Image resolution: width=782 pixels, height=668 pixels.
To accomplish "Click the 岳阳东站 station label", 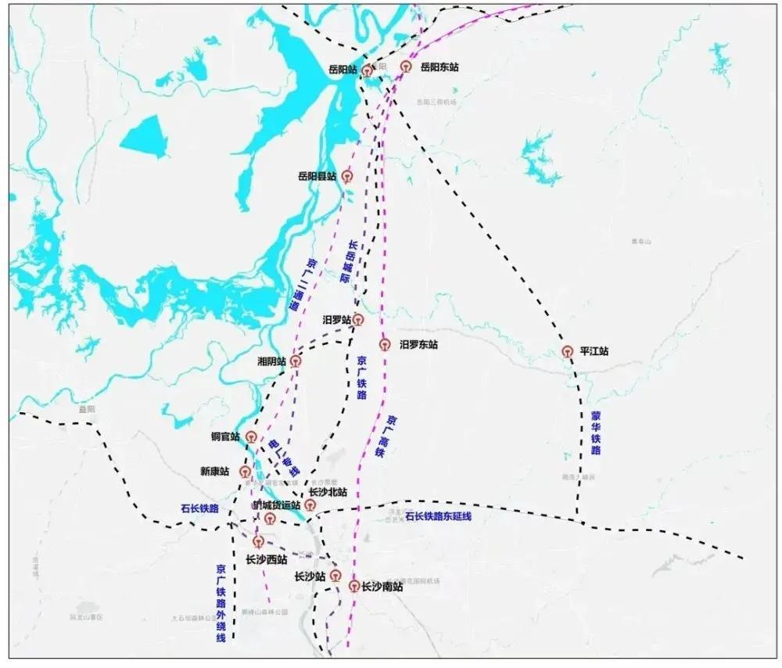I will tap(439, 67).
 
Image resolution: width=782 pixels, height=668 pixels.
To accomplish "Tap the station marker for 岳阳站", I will tap(365, 70).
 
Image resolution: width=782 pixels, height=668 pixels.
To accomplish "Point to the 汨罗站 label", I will tap(337, 320).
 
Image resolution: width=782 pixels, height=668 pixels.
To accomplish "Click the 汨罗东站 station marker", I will tap(384, 344).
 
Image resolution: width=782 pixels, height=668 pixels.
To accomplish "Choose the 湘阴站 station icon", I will tap(295, 361).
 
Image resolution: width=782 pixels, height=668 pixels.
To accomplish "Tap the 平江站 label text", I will tap(594, 352).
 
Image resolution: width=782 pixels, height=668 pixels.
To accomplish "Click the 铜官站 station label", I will tap(225, 436).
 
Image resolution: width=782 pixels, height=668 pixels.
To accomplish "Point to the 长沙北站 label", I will tap(328, 492).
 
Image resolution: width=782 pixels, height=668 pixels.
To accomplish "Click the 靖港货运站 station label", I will tap(275, 505).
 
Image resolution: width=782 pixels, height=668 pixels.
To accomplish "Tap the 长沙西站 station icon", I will tap(259, 541).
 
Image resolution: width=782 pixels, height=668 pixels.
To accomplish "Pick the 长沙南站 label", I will tap(382, 586).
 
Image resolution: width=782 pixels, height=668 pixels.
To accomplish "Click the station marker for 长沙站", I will tap(336, 577).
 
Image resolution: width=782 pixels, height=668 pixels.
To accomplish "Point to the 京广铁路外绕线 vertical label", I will tap(221, 604).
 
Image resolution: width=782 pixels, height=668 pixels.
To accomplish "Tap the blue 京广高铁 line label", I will tap(386, 436).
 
